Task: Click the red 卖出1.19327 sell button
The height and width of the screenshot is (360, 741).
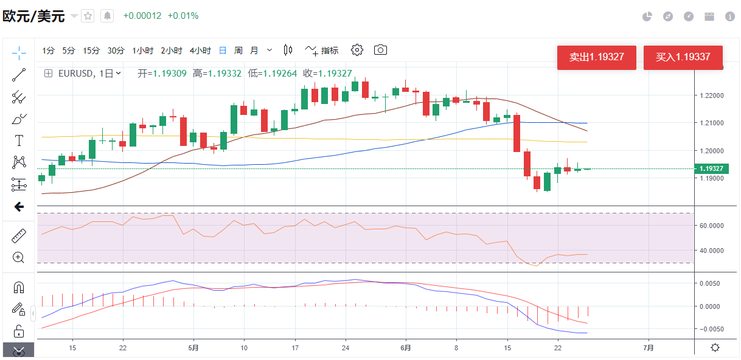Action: pos(596,58)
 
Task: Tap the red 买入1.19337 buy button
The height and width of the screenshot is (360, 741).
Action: pos(683,58)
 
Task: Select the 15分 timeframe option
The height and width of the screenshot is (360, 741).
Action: pos(91,50)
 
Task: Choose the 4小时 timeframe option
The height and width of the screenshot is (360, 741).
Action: pos(200,50)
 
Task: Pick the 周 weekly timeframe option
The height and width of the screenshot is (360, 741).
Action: pos(238,50)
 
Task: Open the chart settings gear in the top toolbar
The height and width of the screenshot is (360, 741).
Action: pos(357,50)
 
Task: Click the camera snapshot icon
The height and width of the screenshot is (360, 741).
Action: pos(380,50)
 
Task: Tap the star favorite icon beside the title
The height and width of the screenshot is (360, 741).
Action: pos(88,16)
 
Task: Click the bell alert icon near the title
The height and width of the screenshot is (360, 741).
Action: pos(107,16)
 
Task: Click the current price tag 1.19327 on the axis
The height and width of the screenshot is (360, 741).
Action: pos(711,168)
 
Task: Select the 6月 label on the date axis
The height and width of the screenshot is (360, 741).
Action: pos(406,348)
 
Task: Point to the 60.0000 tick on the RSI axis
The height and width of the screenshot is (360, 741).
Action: pos(710,226)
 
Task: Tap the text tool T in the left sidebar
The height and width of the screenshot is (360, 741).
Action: pos(19,140)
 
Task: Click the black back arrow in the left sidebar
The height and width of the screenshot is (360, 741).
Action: pos(19,207)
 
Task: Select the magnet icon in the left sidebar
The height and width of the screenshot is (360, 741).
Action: pos(19,288)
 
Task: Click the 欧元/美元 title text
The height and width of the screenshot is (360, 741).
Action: pos(34,16)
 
